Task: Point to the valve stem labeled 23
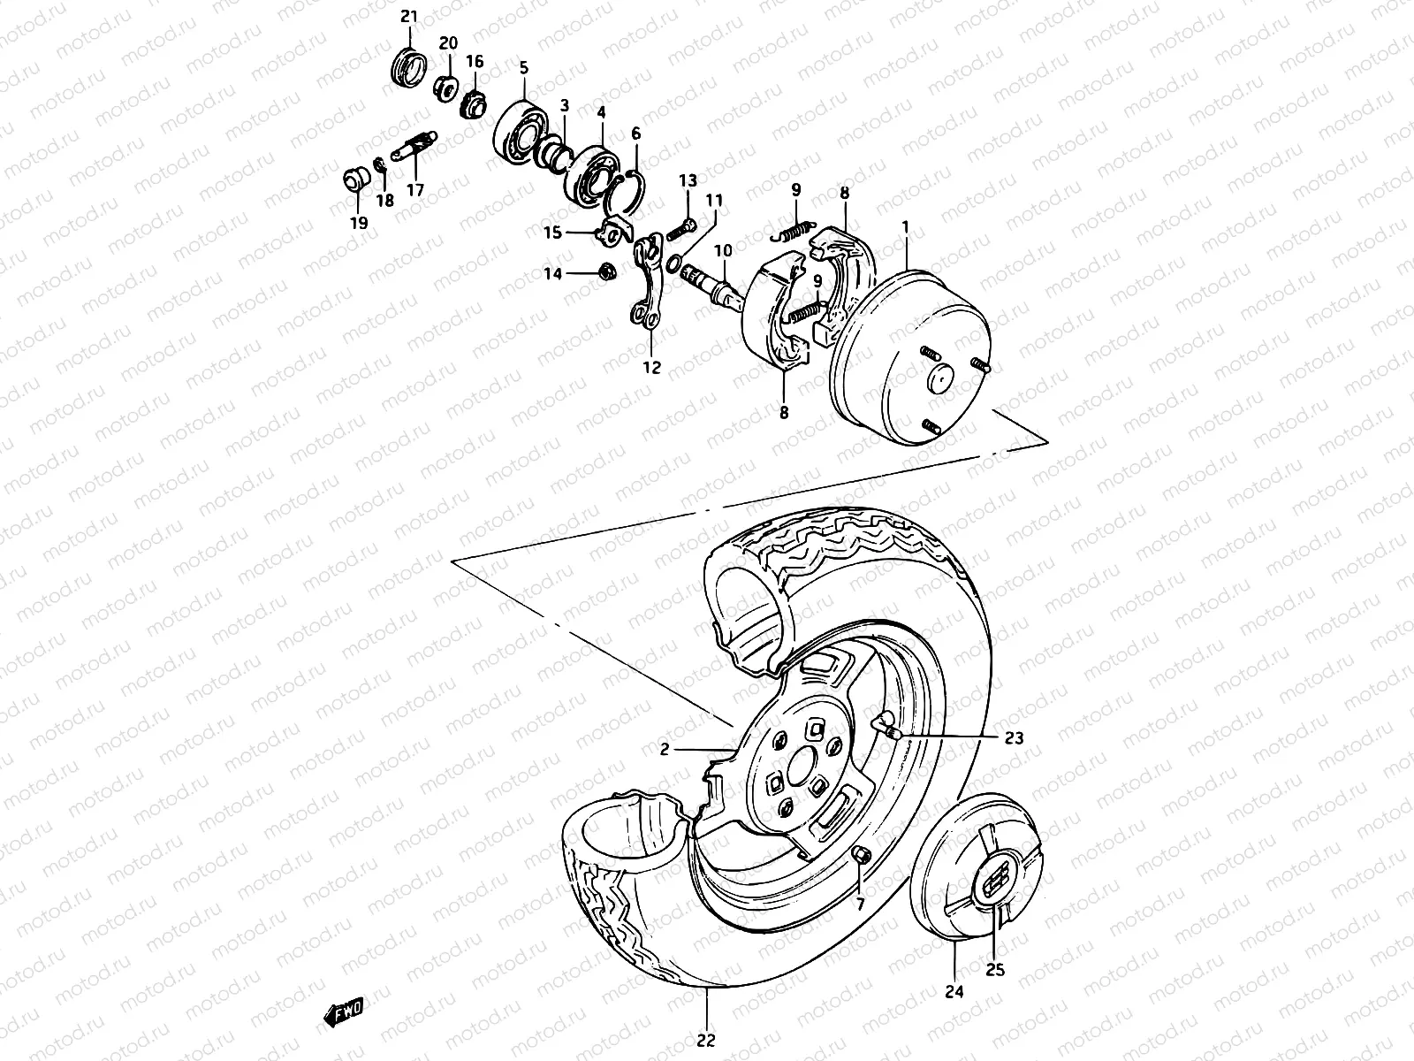click(885, 728)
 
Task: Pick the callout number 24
click(954, 992)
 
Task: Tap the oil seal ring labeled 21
click(409, 68)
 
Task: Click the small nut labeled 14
click(607, 270)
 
